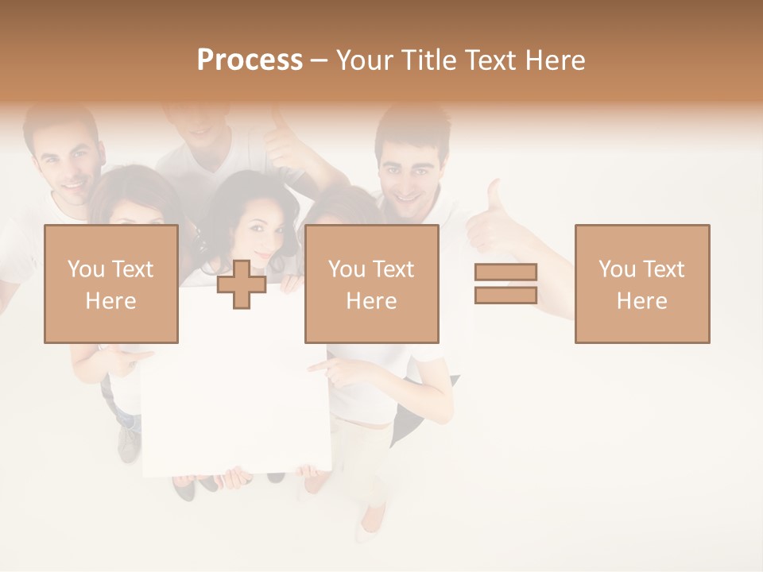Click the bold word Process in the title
click(250, 60)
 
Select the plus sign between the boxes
click(242, 284)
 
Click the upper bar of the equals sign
click(505, 272)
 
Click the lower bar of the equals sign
click(505, 295)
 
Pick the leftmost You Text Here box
click(110, 284)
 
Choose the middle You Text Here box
click(371, 284)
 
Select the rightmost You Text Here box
click(641, 284)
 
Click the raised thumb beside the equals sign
click(494, 208)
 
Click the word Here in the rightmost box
click(641, 300)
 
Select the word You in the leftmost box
click(85, 269)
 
